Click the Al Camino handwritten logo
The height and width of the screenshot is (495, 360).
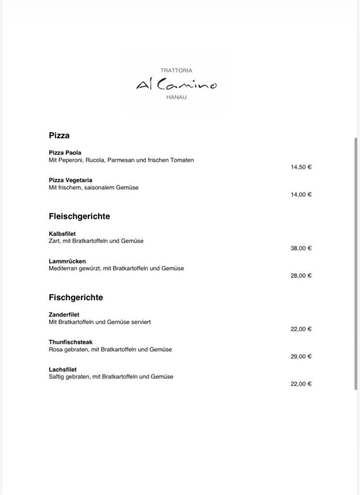point(177,85)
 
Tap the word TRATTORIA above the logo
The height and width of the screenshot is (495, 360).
point(177,71)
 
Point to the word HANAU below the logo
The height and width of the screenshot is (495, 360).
point(177,98)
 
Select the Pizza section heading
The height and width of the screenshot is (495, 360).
point(59,135)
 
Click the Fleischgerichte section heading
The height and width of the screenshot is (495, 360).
point(79,216)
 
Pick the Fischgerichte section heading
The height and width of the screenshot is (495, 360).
point(76,297)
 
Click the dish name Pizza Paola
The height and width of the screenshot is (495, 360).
point(65,153)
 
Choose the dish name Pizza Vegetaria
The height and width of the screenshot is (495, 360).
point(71,180)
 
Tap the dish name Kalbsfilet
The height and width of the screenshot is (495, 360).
point(62,234)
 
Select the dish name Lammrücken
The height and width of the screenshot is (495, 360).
point(67,262)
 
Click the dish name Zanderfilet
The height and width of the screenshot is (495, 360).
point(64,315)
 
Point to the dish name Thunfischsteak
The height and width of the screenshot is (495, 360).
point(71,342)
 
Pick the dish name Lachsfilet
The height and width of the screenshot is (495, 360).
point(63,370)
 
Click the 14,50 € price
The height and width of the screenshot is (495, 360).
point(301,167)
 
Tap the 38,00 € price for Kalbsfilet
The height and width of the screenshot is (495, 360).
point(301,248)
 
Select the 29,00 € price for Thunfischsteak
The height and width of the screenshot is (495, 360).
point(301,356)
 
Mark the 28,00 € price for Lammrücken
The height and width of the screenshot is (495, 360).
point(301,276)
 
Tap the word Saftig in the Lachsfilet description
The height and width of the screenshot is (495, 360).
point(57,377)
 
